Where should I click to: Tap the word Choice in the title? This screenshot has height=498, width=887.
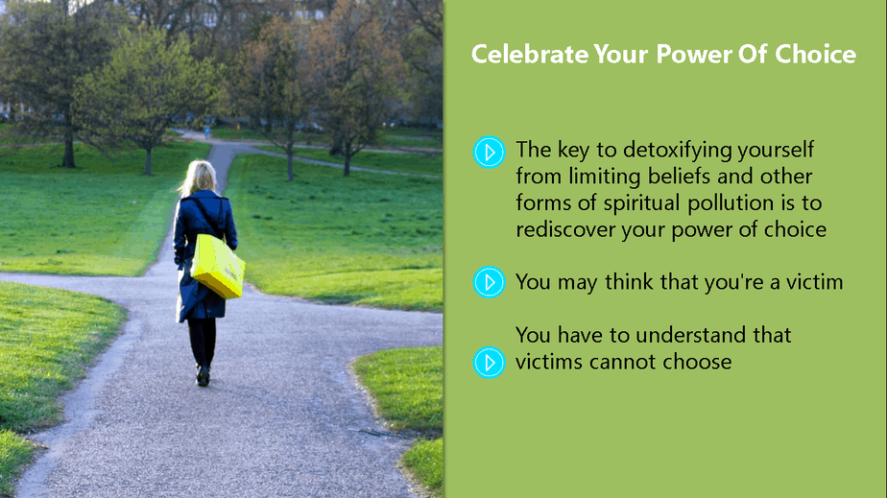[x=815, y=55]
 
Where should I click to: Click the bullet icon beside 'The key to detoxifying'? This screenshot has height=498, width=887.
[x=489, y=152]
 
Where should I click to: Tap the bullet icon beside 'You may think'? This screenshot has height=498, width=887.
[x=489, y=282]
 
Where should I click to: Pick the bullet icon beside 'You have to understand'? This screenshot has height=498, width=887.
[x=489, y=363]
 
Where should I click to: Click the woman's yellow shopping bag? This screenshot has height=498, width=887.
[x=217, y=266]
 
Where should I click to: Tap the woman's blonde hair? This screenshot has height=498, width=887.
[x=198, y=178]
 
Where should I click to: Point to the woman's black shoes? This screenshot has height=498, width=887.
[x=203, y=375]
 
